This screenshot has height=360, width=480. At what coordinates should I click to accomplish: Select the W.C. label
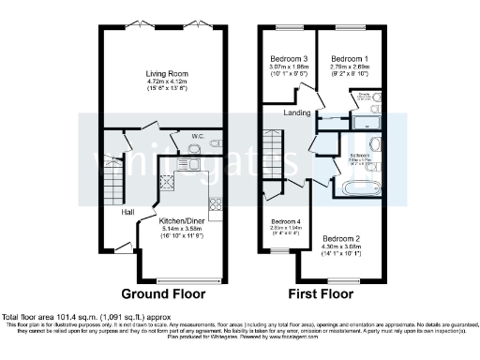[198, 136]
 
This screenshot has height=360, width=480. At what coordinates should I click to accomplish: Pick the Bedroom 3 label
[289, 57]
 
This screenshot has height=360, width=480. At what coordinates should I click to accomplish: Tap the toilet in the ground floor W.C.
[215, 145]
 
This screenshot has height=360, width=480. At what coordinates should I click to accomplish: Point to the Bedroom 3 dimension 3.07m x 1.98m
[289, 66]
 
